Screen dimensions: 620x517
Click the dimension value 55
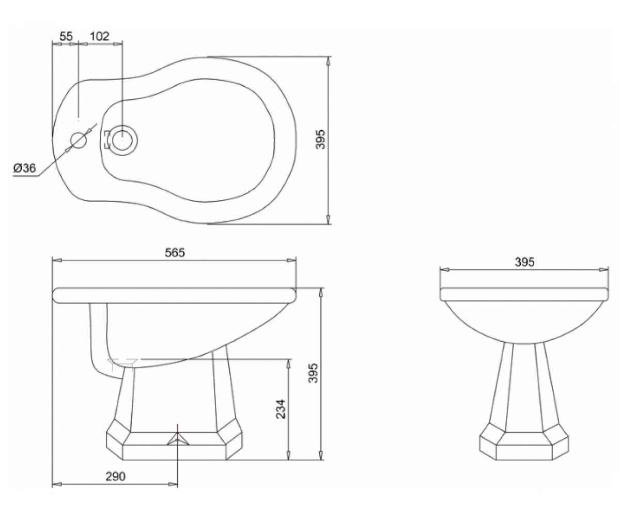coord(66,36)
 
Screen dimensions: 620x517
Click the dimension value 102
coord(100,36)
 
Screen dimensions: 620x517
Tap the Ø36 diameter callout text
coord(24,168)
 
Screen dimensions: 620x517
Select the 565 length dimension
coord(175,253)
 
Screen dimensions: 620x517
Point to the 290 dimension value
coord(116,476)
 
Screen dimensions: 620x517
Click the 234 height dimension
coord(281,409)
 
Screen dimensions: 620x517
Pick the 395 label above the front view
coord(524,262)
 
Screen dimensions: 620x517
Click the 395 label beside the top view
coord(321,139)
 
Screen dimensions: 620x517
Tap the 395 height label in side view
coord(313,373)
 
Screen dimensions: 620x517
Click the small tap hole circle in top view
coord(79,140)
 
